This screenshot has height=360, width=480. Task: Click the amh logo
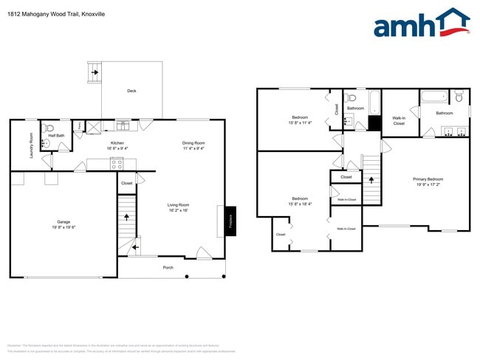coord(421,24)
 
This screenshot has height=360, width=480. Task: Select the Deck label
coord(131,91)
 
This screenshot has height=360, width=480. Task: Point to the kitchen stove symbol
coord(117,163)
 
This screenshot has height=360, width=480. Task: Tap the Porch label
coord(168,267)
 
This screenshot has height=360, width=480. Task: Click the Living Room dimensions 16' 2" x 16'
coord(178,210)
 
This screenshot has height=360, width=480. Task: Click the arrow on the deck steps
coord(94,72)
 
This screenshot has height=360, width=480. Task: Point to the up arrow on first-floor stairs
coord(127,217)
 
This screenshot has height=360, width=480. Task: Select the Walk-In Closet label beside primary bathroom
coord(399,120)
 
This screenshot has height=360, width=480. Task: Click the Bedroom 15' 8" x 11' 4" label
coord(299,120)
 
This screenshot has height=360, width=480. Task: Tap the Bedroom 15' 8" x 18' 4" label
coord(299,201)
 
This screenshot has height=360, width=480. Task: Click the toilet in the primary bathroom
coord(459,97)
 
